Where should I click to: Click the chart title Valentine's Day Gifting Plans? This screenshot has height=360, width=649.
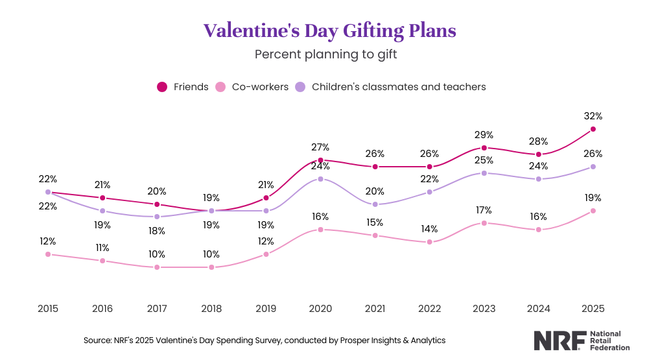click(x=329, y=30)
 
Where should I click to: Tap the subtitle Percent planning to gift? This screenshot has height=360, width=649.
click(x=325, y=54)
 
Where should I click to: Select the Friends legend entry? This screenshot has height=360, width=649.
click(x=183, y=86)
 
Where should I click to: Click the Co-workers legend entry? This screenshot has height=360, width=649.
click(x=252, y=86)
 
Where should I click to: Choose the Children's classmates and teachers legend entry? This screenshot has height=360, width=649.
click(x=390, y=86)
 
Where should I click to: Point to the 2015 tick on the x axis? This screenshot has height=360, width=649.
click(x=48, y=308)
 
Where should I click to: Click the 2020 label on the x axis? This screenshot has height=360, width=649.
click(x=320, y=308)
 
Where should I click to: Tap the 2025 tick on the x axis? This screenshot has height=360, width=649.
click(x=593, y=308)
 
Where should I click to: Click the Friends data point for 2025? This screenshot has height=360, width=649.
click(x=593, y=129)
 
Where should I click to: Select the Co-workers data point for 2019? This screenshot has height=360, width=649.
click(x=266, y=254)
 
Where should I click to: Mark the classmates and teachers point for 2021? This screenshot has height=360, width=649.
click(x=375, y=204)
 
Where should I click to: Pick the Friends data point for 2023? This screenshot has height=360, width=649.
click(x=484, y=148)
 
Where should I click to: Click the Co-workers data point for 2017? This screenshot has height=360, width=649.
click(x=157, y=267)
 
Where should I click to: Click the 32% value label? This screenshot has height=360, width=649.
click(x=593, y=116)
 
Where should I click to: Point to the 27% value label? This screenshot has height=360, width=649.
click(x=320, y=147)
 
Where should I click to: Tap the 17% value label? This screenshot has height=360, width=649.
click(x=484, y=210)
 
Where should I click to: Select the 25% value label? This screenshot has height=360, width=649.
click(x=484, y=160)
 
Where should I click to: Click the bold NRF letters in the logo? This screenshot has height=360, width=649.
click(x=559, y=341)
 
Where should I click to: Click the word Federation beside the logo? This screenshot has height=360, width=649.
click(x=610, y=348)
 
